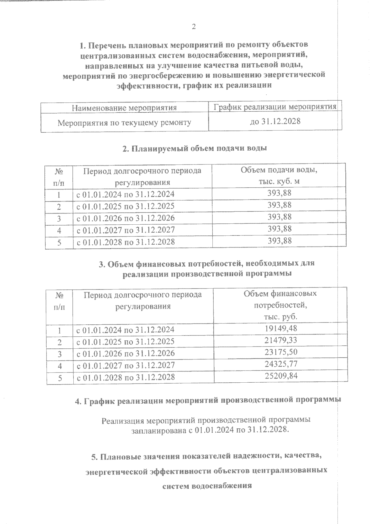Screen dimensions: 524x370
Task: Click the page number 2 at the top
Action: point(194,27)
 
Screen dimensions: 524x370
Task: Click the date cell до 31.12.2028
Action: point(275,121)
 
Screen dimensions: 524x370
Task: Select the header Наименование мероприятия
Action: point(124,108)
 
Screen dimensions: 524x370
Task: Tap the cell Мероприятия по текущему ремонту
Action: point(124,123)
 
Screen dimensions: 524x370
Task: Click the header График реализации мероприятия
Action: point(275,107)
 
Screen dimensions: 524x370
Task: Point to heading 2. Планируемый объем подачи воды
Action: point(195,148)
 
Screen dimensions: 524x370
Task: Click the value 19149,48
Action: point(281,328)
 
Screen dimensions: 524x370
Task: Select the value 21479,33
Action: point(281,340)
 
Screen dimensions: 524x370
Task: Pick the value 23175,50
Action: point(281,352)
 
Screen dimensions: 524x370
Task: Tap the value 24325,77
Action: point(281,364)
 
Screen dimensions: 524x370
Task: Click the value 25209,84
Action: point(281,376)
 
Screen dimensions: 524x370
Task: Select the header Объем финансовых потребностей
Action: point(280,305)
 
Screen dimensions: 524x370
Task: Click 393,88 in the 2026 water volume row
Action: point(279,217)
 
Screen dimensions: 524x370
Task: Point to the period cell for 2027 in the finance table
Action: point(125,365)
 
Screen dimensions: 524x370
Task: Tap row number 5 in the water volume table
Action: point(59,242)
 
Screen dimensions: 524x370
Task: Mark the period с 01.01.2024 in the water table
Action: point(125,194)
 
